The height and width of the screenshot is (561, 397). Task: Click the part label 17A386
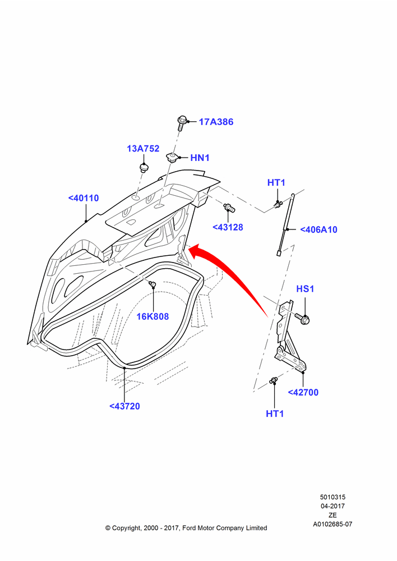tap(216, 122)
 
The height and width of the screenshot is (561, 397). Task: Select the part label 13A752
tap(143, 149)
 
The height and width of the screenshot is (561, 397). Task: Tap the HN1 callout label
tap(200, 158)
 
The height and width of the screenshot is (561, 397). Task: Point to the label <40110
tap(84, 198)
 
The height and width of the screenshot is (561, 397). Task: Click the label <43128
tap(228, 228)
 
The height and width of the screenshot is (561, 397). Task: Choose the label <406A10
tap(318, 229)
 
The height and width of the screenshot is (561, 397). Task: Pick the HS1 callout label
tap(305, 289)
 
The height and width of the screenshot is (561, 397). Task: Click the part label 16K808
tap(153, 316)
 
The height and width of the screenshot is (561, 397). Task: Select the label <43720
tap(124, 406)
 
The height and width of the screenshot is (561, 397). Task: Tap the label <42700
tap(303, 393)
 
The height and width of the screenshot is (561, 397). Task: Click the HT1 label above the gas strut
tap(276, 183)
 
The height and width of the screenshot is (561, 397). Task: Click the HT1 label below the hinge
tap(275, 414)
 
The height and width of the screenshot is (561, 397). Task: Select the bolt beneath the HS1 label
tap(302, 318)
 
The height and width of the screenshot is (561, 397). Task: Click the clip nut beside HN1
tap(172, 157)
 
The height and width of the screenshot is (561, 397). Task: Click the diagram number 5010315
tap(333, 497)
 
